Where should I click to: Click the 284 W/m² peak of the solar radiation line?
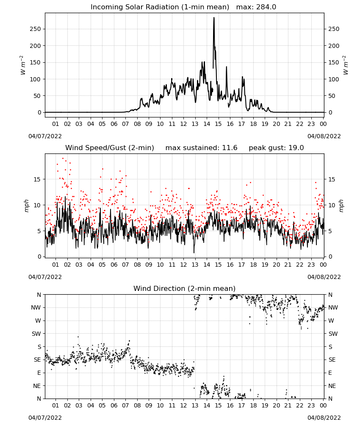(x=214, y=18)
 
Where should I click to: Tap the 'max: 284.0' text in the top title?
(x=256, y=7)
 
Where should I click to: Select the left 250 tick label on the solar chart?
(x=35, y=29)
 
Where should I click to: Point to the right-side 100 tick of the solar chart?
(x=334, y=79)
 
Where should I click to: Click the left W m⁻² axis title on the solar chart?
(x=23, y=65)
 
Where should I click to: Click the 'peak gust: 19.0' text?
(x=276, y=148)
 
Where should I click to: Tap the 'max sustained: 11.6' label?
(x=201, y=148)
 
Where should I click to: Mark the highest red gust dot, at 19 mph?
(x=63, y=159)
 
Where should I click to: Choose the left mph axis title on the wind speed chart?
(x=26, y=206)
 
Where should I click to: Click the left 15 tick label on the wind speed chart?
(x=37, y=179)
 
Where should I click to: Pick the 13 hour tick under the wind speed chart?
(x=195, y=265)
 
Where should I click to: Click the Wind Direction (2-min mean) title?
(x=185, y=288)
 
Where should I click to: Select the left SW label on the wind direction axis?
(x=36, y=334)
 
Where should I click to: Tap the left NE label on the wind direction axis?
(x=37, y=386)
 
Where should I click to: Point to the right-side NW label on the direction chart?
(x=333, y=308)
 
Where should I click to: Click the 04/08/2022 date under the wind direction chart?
(x=324, y=418)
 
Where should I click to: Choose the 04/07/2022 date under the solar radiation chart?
(x=45, y=136)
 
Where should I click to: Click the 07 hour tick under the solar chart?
(x=125, y=124)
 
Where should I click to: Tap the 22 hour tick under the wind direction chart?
(x=299, y=405)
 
